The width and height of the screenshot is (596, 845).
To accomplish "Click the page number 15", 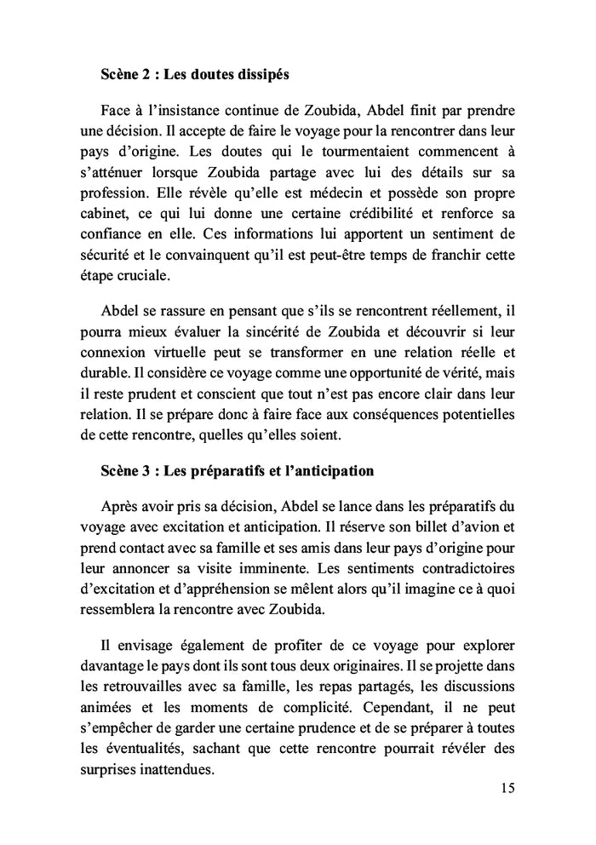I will tap(507, 788).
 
